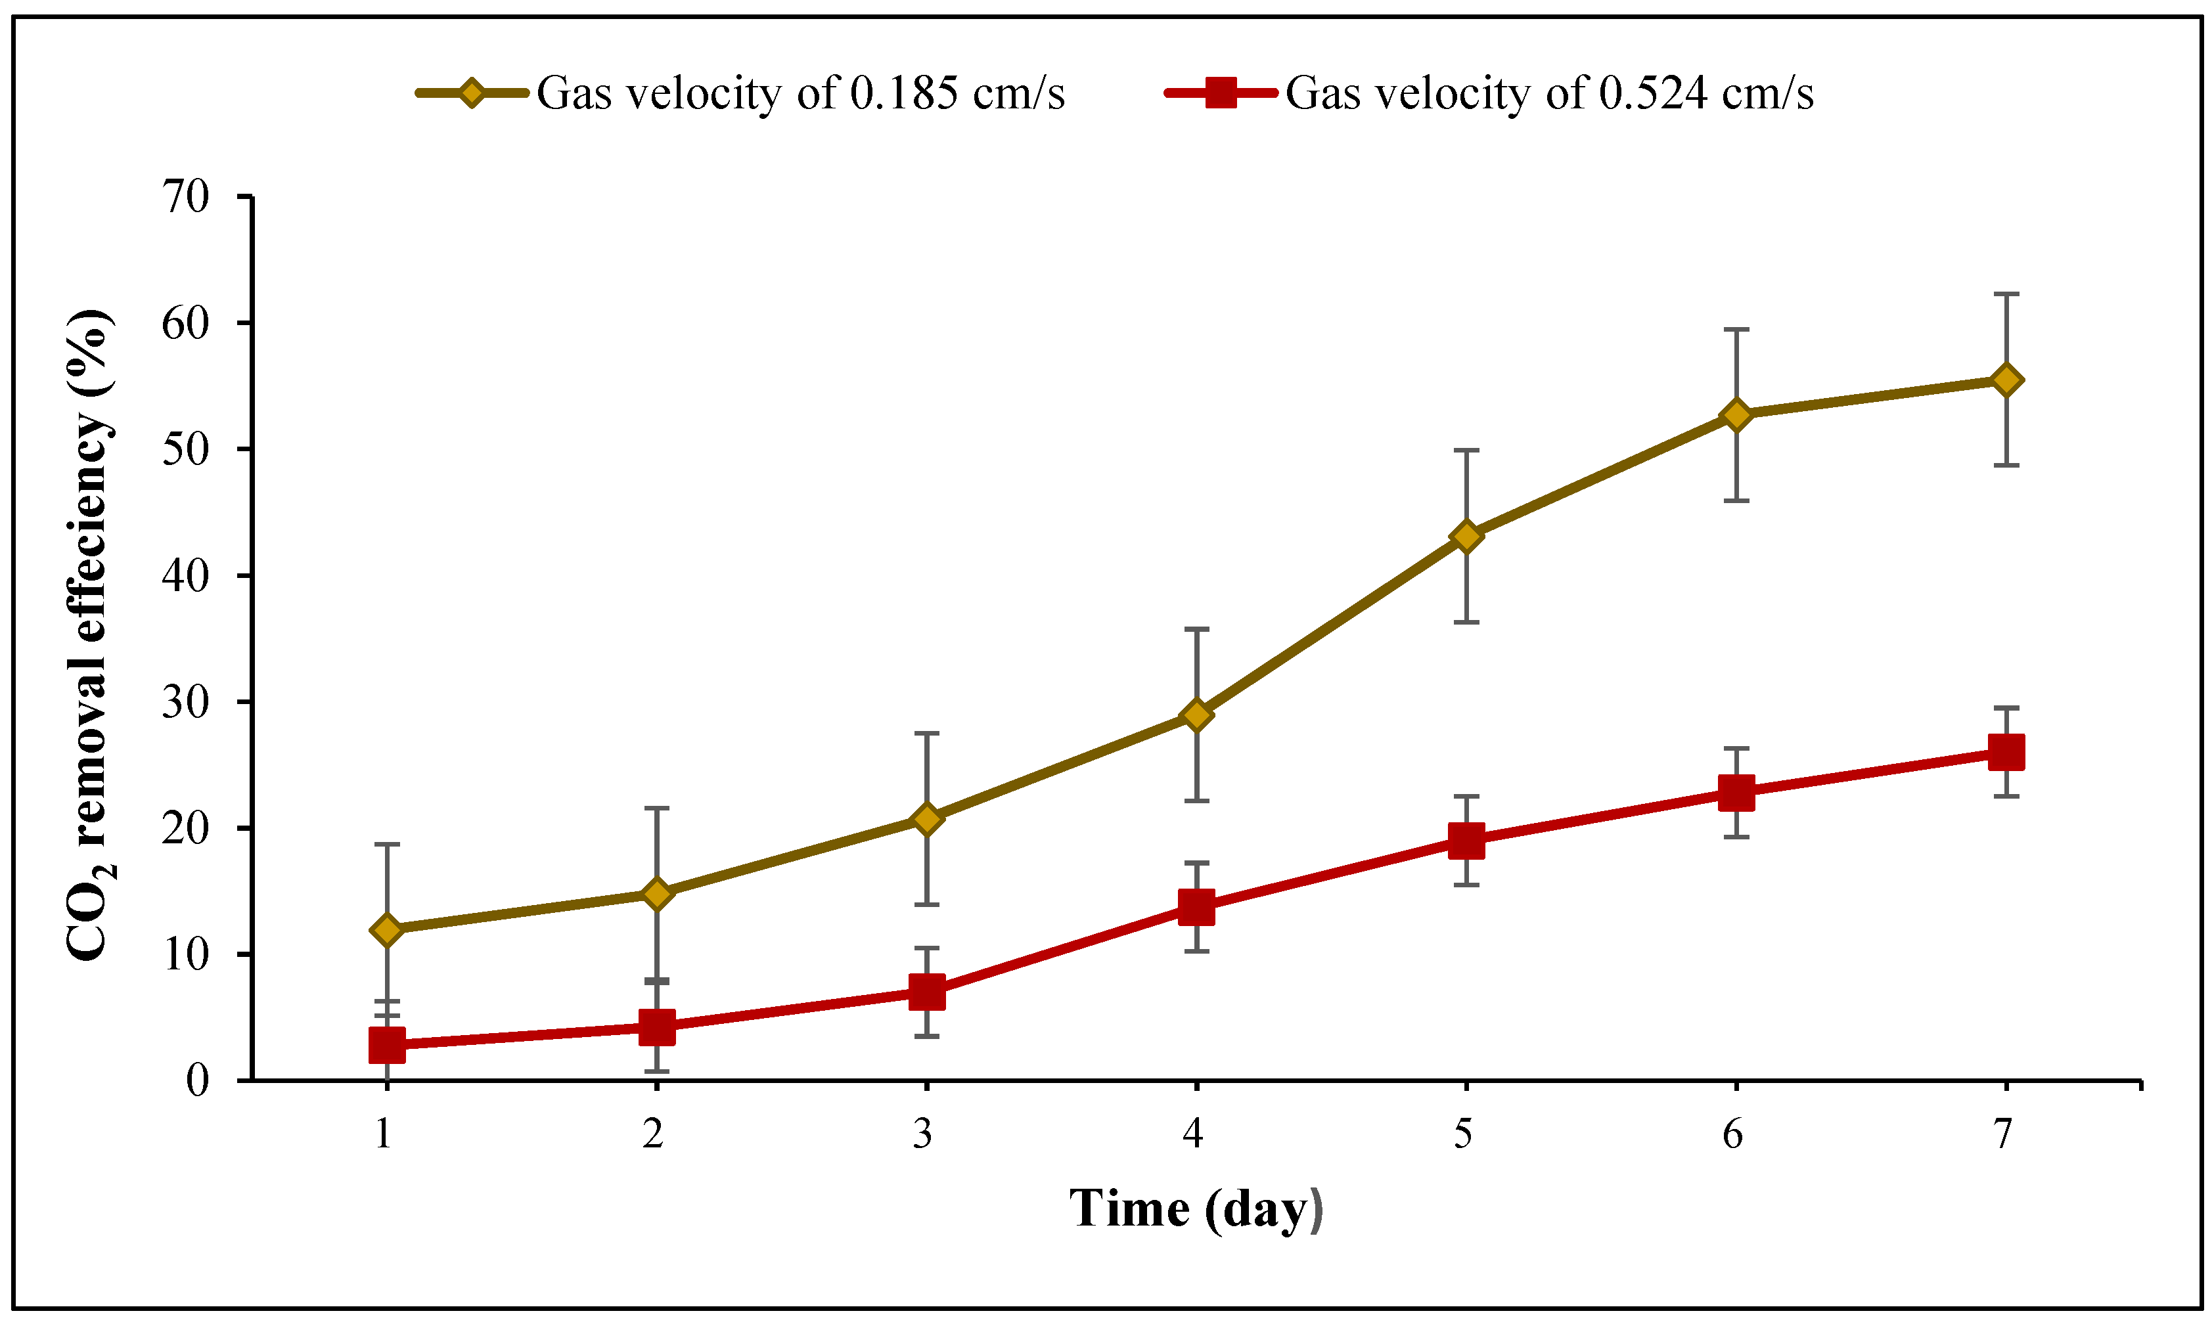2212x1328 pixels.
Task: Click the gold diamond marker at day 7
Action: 2005,380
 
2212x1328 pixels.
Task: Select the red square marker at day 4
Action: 1196,908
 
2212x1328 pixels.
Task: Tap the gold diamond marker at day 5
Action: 1466,536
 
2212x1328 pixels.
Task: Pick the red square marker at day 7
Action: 2005,753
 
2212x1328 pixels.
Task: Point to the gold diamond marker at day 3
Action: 926,819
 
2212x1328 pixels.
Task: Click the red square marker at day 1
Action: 387,1044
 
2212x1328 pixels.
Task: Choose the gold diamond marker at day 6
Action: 1736,415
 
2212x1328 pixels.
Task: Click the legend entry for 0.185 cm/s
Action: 800,93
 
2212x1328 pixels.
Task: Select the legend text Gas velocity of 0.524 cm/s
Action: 1548,93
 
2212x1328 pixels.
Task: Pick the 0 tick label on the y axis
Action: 197,1080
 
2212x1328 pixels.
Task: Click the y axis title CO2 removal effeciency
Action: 89,635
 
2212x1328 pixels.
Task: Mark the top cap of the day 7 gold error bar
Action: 2005,294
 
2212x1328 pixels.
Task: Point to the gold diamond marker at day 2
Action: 656,893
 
